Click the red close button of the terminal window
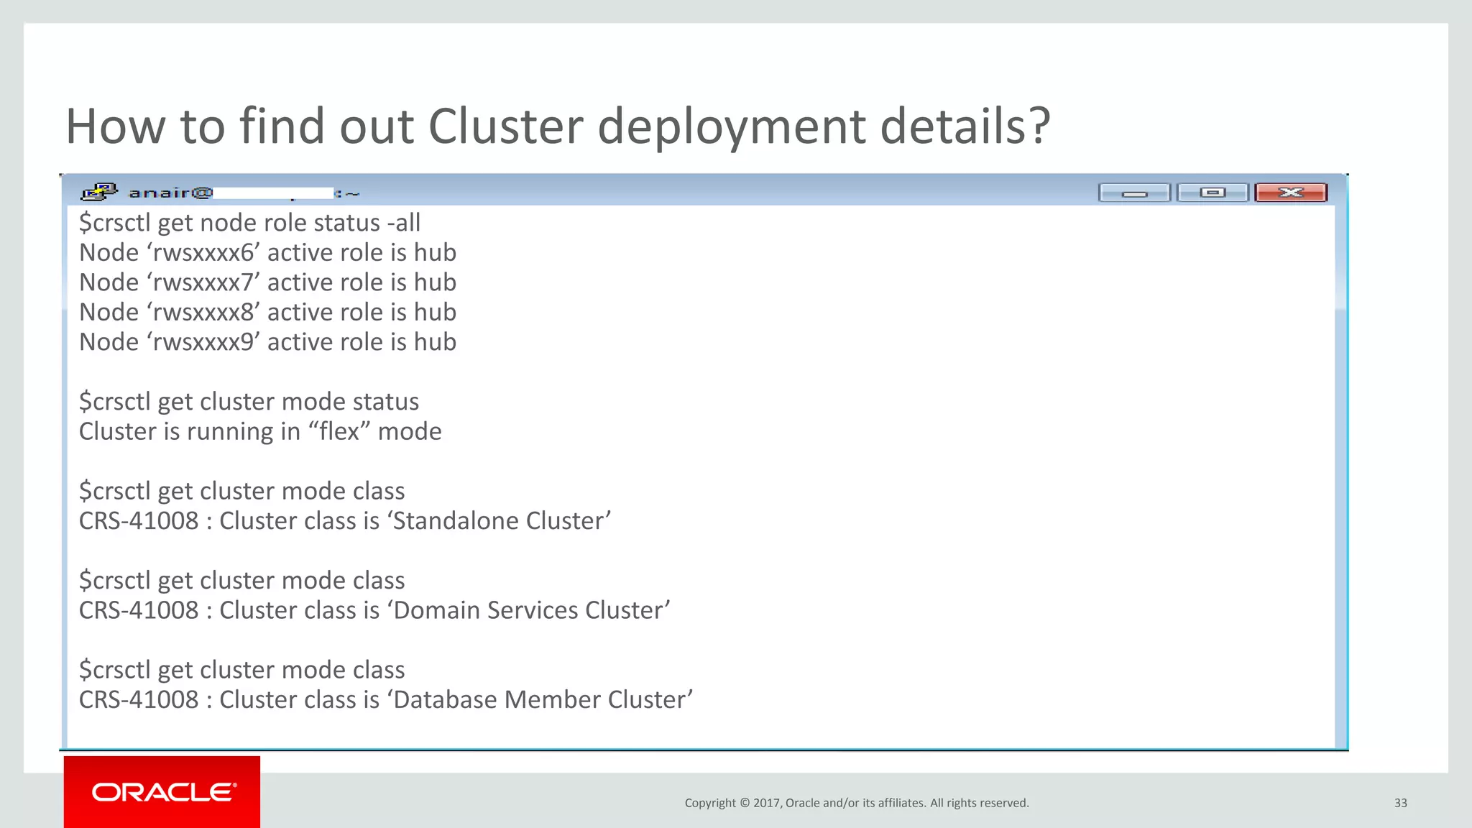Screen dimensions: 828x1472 click(1290, 193)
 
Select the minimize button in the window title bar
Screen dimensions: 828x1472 click(1134, 193)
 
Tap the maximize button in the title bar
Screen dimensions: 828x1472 click(1212, 193)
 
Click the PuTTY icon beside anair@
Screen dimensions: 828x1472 click(99, 192)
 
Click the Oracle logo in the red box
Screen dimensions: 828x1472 click(163, 792)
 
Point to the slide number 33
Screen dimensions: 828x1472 click(1400, 803)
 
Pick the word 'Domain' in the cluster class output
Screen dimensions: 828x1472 click(437, 610)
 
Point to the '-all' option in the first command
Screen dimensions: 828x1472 click(403, 223)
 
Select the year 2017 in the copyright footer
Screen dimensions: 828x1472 click(767, 803)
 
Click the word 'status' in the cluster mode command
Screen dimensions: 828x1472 click(385, 402)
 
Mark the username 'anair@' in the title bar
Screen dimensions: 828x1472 click(170, 193)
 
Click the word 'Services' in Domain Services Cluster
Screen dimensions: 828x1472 click(533, 610)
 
